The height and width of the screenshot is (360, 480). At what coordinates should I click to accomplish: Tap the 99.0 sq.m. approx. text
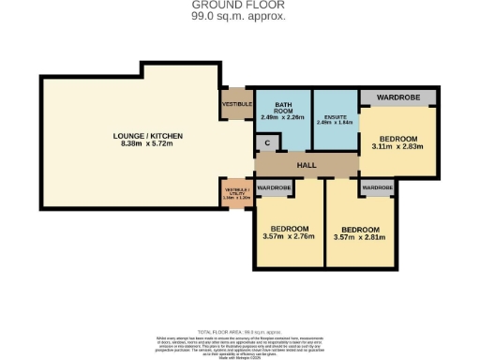pyautogui.click(x=239, y=16)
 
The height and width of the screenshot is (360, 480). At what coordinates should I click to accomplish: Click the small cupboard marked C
pyautogui.click(x=268, y=143)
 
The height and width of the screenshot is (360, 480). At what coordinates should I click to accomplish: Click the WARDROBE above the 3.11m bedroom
pyautogui.click(x=397, y=97)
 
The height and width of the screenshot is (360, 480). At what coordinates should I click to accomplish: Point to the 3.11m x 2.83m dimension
pyautogui.click(x=397, y=146)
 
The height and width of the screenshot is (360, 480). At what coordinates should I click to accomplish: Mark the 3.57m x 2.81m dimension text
pyautogui.click(x=359, y=237)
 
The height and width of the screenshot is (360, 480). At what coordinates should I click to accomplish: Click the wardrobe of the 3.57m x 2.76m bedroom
pyautogui.click(x=274, y=187)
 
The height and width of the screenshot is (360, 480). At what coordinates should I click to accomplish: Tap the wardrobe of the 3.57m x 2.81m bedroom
pyautogui.click(x=377, y=187)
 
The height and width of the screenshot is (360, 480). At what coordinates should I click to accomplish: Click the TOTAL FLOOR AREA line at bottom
pyautogui.click(x=239, y=331)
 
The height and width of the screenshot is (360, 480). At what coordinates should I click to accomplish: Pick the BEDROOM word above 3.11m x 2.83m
pyautogui.click(x=397, y=137)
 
